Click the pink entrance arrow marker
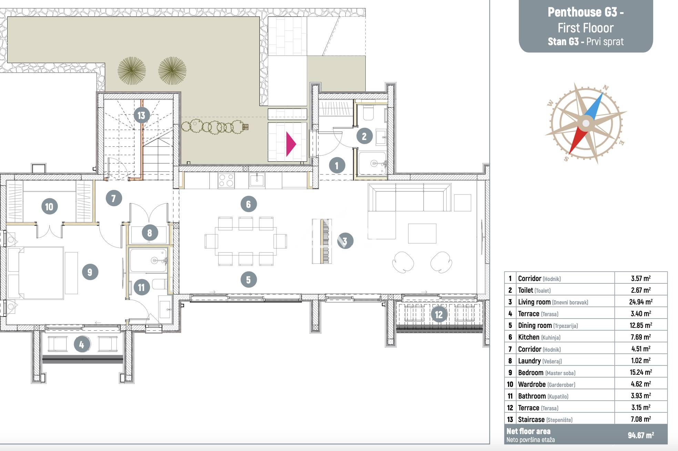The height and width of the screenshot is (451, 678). pos(291,144)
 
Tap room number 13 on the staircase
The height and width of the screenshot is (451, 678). pos(141,115)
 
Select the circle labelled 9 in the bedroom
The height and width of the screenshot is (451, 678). pos(90,272)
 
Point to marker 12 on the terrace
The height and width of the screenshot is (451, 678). pos(438,314)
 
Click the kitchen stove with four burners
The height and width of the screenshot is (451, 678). pos(226,180)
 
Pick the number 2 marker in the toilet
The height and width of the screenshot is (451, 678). pos(364,137)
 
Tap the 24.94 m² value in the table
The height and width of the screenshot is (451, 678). pos(641,302)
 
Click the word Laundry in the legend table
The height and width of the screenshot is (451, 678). pos(529,361)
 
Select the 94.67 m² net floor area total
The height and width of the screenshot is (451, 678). pos(641,435)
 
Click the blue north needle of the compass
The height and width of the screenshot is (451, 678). pos(594,107)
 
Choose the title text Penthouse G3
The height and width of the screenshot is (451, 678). pos(586,12)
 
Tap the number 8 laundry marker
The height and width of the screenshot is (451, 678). pos(150,233)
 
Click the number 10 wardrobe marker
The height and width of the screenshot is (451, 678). pos(49,207)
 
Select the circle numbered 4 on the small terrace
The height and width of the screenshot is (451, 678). pos(82,344)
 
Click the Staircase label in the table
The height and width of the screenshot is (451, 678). pos(531,419)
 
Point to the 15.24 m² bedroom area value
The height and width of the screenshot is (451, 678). pos(641,372)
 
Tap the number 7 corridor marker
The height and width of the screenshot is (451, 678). pos(114,198)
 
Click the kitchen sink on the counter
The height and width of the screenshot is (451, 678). pos(256,180)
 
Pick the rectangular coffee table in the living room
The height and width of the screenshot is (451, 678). pos(422,233)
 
